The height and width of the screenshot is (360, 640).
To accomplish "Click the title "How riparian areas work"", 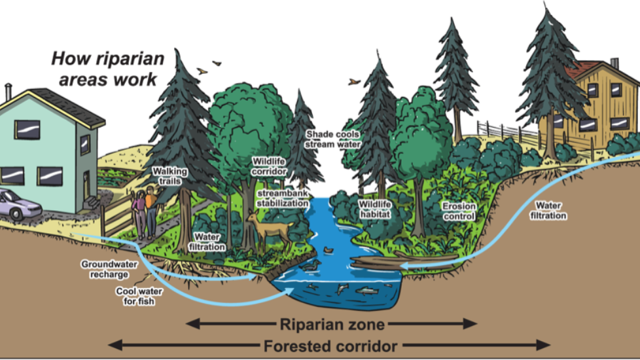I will pyautogui.click(x=108, y=69).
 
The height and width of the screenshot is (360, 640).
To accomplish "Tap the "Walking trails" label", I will pyautogui.click(x=169, y=176).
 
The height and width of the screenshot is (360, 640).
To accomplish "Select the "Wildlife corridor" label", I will pyautogui.click(x=268, y=166).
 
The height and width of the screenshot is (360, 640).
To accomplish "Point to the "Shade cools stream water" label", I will pyautogui.click(x=333, y=139).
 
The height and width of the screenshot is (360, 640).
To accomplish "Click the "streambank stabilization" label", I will pyautogui.click(x=282, y=198).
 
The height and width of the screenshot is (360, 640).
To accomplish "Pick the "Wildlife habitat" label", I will pyautogui.click(x=374, y=208).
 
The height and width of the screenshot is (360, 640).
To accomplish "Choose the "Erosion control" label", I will pyautogui.click(x=459, y=210).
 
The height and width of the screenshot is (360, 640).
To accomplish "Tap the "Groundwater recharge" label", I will pyautogui.click(x=105, y=269).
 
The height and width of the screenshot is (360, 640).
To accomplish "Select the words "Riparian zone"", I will pyautogui.click(x=332, y=324).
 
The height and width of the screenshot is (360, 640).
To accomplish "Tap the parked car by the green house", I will pyautogui.click(x=18, y=204).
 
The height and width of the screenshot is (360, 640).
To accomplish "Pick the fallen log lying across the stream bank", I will pyautogui.click(x=380, y=264).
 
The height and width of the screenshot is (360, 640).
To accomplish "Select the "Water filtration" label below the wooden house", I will pyautogui.click(x=548, y=210).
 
